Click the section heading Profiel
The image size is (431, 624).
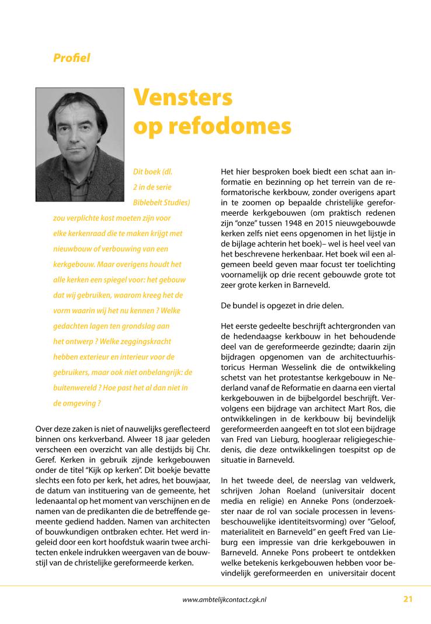pos(71,58)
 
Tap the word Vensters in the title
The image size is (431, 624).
pos(183,98)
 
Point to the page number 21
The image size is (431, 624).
pos(408,598)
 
